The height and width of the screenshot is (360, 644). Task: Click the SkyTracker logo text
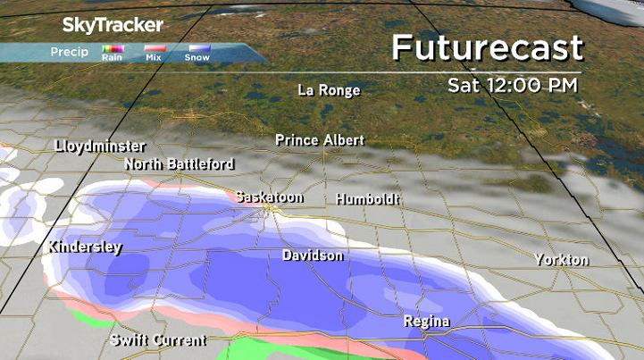click(x=111, y=24)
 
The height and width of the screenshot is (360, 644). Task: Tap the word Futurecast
click(x=487, y=48)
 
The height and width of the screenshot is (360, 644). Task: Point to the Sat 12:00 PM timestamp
click(x=513, y=85)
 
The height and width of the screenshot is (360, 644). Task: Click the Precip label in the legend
click(x=69, y=51)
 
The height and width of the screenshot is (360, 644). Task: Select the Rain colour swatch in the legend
click(x=112, y=48)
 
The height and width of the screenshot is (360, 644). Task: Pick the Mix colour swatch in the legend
click(x=155, y=48)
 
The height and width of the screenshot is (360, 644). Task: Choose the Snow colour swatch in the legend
click(x=197, y=48)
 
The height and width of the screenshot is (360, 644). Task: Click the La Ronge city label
click(x=329, y=90)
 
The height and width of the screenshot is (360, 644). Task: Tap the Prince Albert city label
click(x=320, y=140)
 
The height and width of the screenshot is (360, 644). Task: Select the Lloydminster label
click(x=100, y=146)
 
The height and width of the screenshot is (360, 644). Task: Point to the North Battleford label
click(x=180, y=164)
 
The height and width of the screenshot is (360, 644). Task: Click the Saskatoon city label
click(x=271, y=197)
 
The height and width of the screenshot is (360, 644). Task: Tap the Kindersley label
click(x=85, y=247)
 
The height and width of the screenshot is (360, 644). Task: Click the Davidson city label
click(x=313, y=255)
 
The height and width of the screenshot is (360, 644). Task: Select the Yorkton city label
click(x=561, y=260)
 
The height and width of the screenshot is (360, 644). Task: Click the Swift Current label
click(x=159, y=340)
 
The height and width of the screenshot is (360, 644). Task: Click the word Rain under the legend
click(x=112, y=58)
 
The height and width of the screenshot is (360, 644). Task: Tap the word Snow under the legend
click(x=197, y=58)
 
